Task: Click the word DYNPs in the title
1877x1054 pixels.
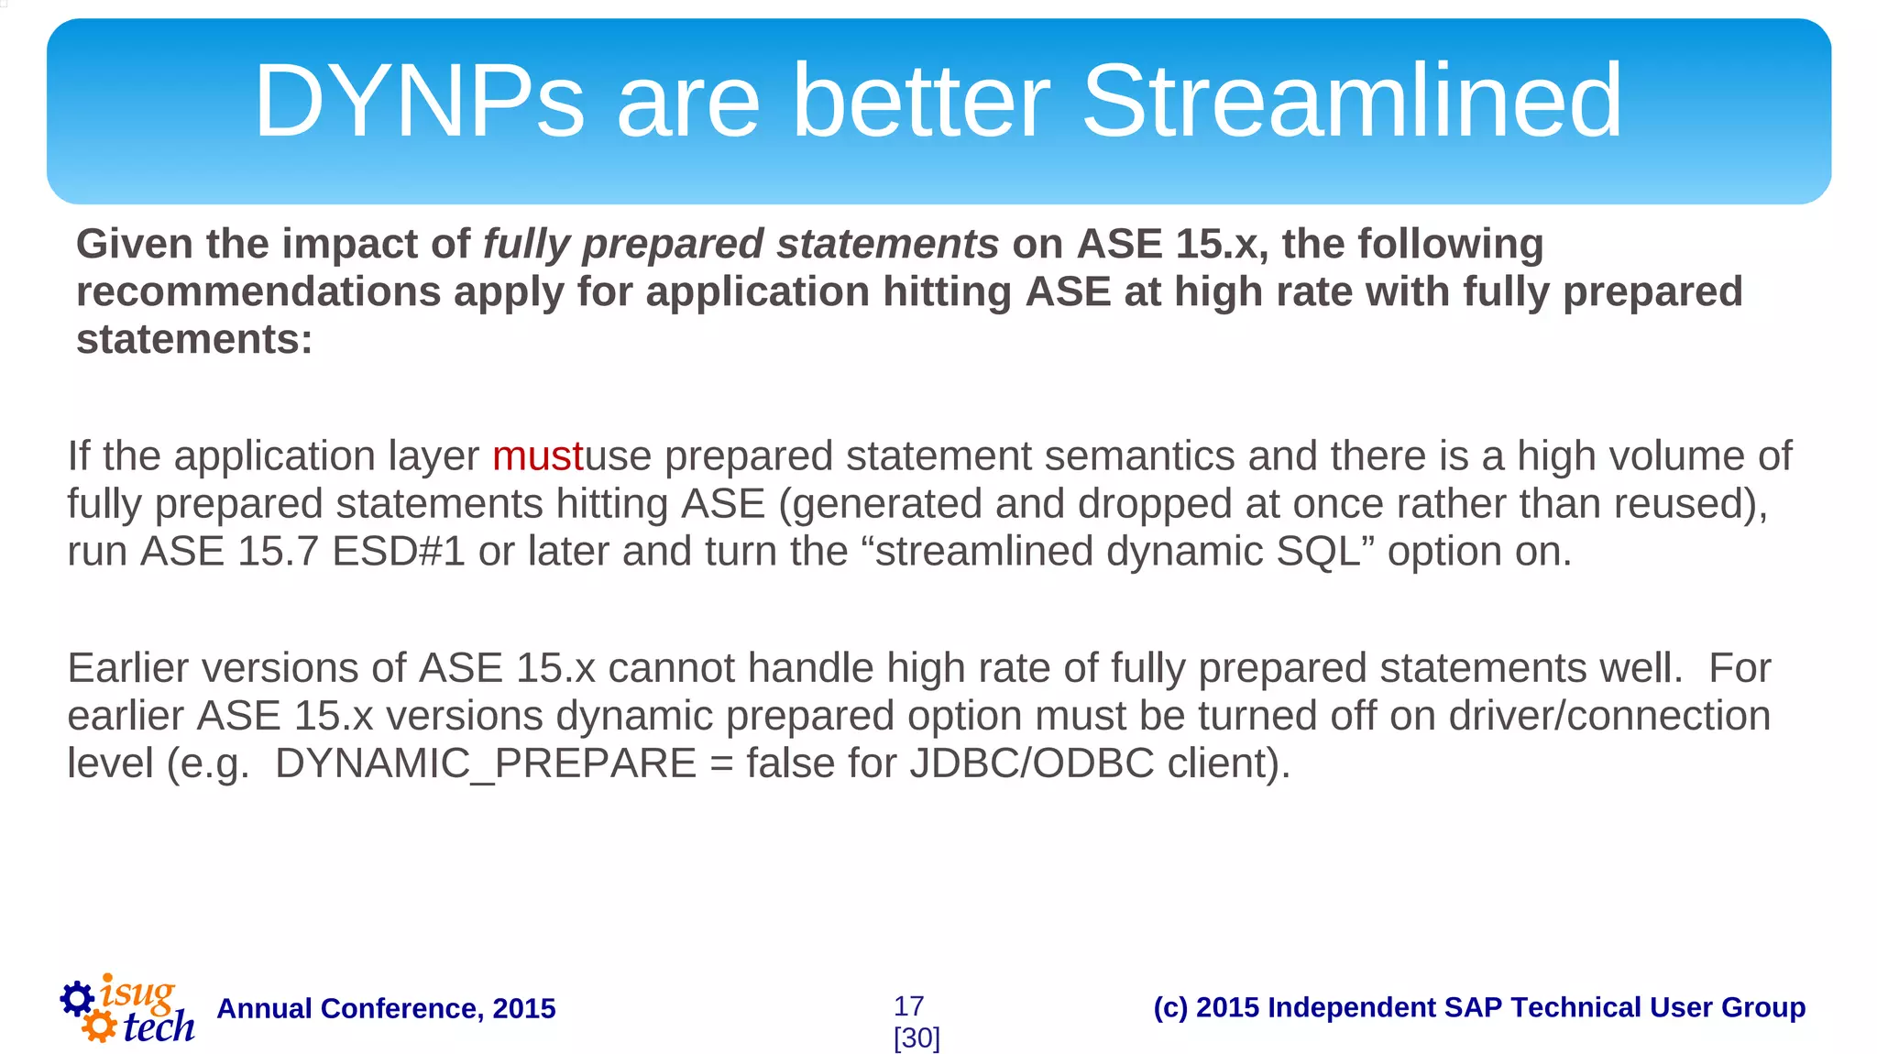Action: [x=418, y=101]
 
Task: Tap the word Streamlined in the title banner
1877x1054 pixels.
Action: [x=1352, y=101]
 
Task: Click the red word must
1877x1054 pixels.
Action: [x=537, y=456]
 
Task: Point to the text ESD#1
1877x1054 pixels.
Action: [x=398, y=552]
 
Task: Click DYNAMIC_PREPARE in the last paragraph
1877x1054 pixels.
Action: [x=486, y=763]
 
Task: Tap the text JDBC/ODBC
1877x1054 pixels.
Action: [x=1031, y=763]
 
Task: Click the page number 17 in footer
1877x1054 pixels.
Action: [x=908, y=1006]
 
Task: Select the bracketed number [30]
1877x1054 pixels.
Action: [x=917, y=1038]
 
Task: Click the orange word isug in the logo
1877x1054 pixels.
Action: [x=137, y=993]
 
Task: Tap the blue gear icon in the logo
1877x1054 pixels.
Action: [x=77, y=998]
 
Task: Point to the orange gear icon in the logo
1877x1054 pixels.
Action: [x=99, y=1027]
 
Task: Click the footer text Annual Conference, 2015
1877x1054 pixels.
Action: [x=386, y=1008]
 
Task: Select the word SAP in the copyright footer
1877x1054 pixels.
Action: [x=1474, y=1007]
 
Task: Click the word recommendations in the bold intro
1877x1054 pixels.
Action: [x=258, y=292]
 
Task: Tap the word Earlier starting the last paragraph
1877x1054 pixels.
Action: [x=127, y=668]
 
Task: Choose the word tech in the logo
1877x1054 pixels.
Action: [x=158, y=1027]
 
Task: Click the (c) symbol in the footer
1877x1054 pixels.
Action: [x=1169, y=1007]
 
